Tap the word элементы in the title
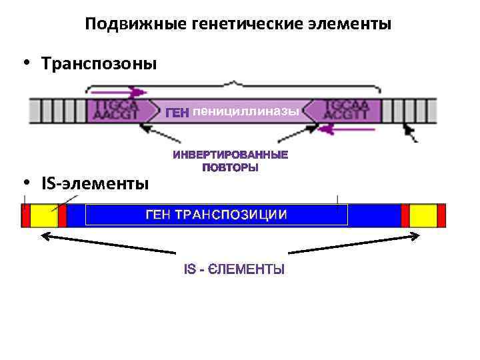click(349, 25)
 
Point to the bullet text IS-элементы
click(95, 183)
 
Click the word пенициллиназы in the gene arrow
click(246, 111)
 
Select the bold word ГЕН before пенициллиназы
click(177, 112)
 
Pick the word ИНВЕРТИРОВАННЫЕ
click(231, 155)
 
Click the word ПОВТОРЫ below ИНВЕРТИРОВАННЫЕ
click(231, 168)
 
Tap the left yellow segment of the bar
click(44, 215)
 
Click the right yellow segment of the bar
click(423, 215)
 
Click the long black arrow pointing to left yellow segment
click(107, 243)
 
